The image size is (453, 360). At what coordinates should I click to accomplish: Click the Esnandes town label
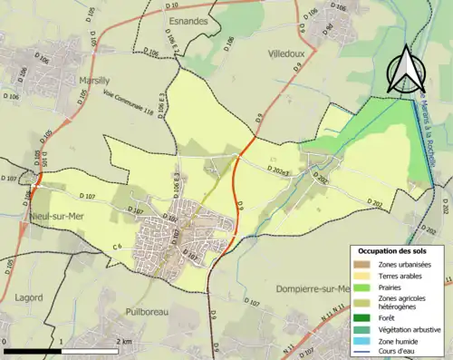click(x=188, y=18)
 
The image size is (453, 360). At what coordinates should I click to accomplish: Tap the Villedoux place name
click(x=291, y=54)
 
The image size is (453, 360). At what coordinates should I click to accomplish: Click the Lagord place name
click(x=29, y=297)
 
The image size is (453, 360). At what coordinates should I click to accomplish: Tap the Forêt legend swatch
click(x=362, y=317)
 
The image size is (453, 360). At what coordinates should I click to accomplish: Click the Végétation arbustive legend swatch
click(x=362, y=328)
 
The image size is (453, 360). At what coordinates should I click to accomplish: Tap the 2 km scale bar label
click(x=125, y=341)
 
